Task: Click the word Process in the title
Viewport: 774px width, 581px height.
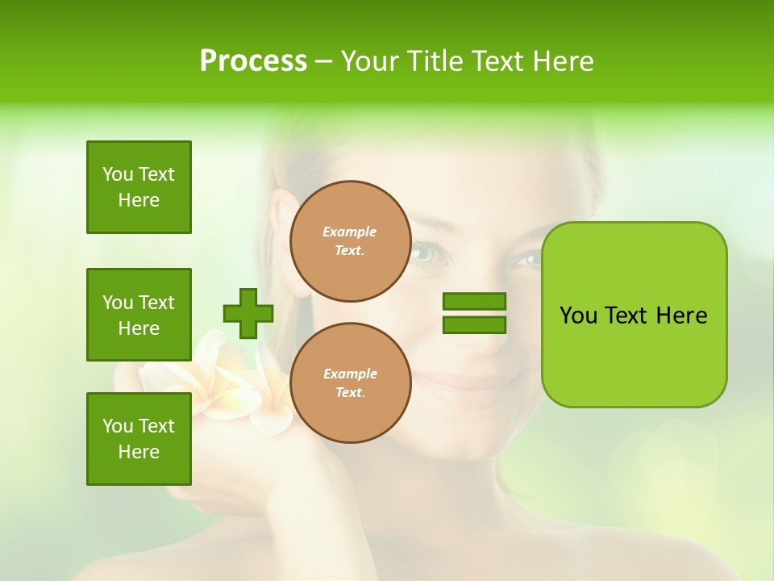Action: (x=253, y=61)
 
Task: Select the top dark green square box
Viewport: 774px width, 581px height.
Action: (x=139, y=187)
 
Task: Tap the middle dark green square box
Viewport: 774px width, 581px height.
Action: (x=139, y=315)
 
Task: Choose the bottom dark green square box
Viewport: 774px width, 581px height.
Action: (x=139, y=439)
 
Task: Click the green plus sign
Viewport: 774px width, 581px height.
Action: (x=248, y=314)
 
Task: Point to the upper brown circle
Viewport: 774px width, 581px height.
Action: (x=350, y=241)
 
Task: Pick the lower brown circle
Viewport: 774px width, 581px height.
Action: (x=350, y=383)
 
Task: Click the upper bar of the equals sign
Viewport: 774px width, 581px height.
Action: (x=474, y=302)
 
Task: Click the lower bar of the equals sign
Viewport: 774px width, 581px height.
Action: (x=474, y=324)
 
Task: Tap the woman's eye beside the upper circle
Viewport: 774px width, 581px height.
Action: (x=425, y=253)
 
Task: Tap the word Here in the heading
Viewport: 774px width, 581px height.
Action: (x=563, y=61)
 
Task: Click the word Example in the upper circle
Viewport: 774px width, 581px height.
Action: (x=350, y=232)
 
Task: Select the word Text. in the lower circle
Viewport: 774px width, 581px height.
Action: (x=350, y=393)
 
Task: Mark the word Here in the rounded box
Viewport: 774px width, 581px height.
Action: (x=681, y=316)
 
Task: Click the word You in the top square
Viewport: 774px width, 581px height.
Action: (x=118, y=174)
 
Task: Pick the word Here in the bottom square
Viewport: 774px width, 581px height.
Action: (x=139, y=452)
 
